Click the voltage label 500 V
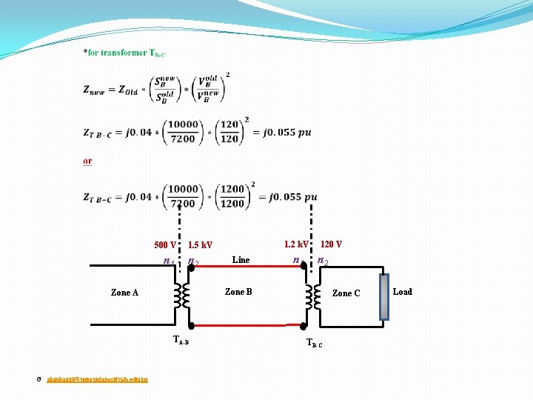[x=164, y=245]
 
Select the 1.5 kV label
[x=200, y=245]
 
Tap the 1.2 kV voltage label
[x=296, y=244]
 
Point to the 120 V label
[x=331, y=244]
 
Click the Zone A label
[x=124, y=293]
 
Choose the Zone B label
[x=238, y=292]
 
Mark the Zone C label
[x=346, y=293]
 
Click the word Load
[x=402, y=292]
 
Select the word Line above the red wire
[x=241, y=260]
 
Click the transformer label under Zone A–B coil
[x=181, y=341]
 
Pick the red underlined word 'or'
[x=88, y=161]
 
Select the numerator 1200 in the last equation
[x=232, y=189]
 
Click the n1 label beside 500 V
[x=169, y=261]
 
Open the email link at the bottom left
[x=97, y=379]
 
